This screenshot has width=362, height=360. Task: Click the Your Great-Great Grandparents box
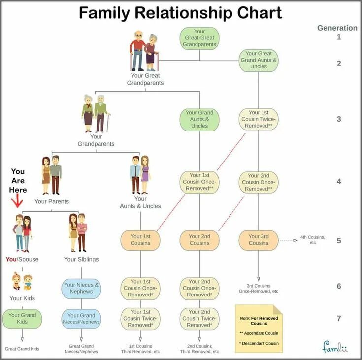(x=199, y=38)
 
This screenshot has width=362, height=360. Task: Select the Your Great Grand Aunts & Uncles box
(x=259, y=60)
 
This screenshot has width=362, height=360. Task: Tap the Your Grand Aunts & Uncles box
(x=199, y=119)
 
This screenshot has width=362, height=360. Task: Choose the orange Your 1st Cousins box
(x=140, y=240)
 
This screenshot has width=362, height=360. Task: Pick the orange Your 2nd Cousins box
(x=199, y=240)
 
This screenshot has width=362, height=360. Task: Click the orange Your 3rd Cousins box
(x=259, y=240)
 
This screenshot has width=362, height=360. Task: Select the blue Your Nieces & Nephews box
(x=81, y=288)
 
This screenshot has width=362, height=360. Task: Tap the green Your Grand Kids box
(x=22, y=319)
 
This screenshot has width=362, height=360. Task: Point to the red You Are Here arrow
(x=17, y=201)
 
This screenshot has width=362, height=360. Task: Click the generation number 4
(x=339, y=181)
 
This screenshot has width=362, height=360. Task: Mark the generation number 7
(x=339, y=319)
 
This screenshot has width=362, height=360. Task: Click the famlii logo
(x=335, y=347)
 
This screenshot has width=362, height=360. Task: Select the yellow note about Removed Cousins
(x=259, y=328)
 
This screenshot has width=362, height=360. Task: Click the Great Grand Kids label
(x=22, y=349)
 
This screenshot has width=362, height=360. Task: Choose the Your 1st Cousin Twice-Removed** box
(x=259, y=119)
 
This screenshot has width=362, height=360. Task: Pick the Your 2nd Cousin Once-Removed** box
(x=259, y=182)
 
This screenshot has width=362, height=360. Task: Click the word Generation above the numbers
(x=337, y=28)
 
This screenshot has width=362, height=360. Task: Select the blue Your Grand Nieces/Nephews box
(x=81, y=319)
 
